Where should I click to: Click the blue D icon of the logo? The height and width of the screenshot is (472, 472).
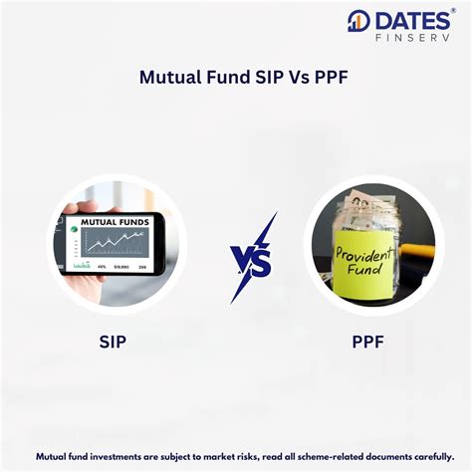click(x=358, y=21)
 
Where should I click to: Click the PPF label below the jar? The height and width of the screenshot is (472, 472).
click(x=366, y=341)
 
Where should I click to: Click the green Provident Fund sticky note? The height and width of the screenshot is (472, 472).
click(x=366, y=258)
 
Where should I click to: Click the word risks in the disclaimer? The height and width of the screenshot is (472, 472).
click(x=223, y=456)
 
